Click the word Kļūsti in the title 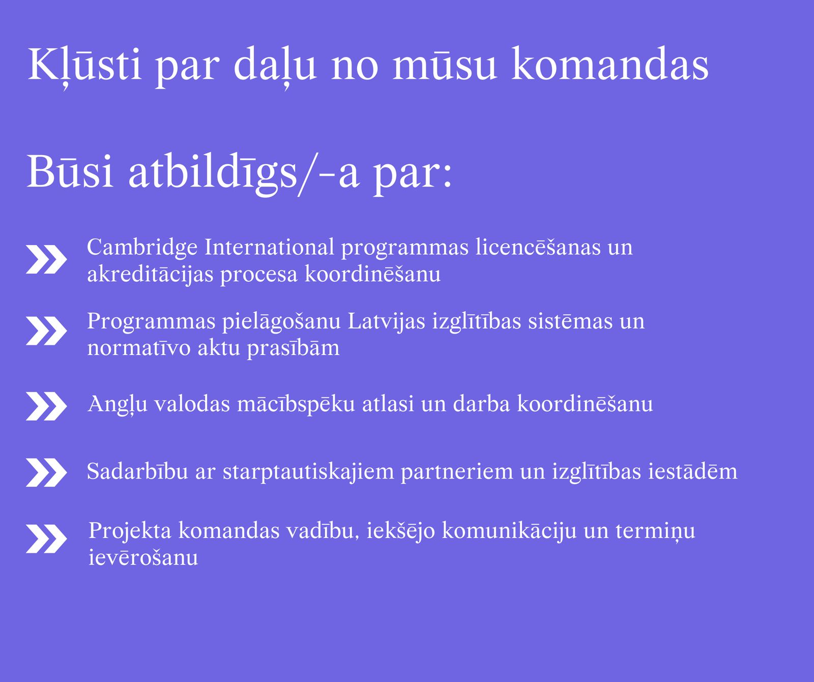click(84, 66)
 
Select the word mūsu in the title click(445, 66)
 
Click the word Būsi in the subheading click(70, 171)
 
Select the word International click(270, 247)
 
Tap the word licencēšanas click(538, 247)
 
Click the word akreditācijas click(150, 275)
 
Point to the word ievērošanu click(143, 557)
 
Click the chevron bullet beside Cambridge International click(46, 259)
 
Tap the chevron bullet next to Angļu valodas click(46, 406)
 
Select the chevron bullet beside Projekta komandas click(46, 539)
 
